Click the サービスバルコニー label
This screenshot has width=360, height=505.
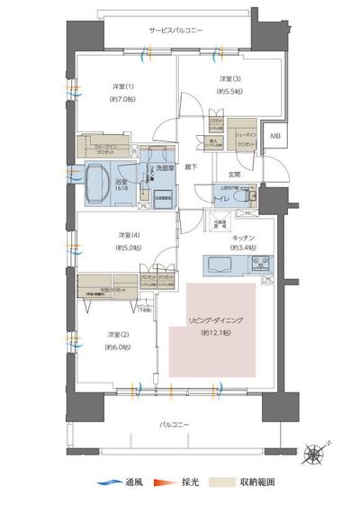click(x=176, y=31)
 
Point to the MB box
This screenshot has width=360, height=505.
click(x=275, y=137)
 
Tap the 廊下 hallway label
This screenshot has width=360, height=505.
click(x=191, y=167)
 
